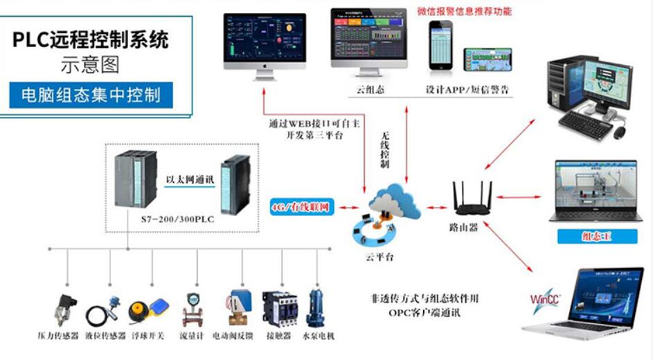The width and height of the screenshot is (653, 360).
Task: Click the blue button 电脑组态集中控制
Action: tap(91, 95)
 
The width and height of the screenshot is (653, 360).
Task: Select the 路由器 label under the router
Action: tap(463, 227)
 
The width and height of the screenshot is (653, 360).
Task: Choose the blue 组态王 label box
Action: tap(597, 237)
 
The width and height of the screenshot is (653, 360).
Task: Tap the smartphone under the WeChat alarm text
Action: tap(440, 46)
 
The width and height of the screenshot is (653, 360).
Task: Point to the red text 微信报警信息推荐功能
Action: tap(463, 12)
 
